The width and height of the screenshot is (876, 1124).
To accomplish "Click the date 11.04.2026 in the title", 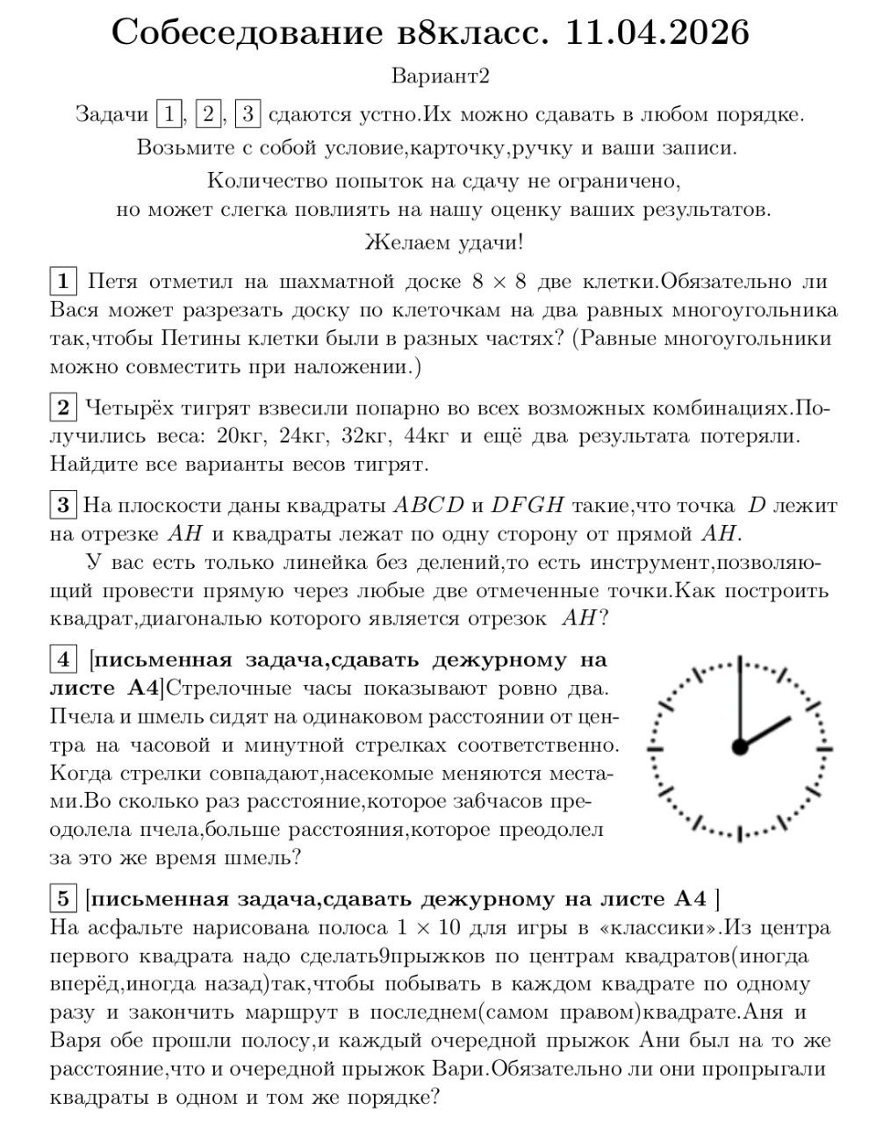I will point(657,33).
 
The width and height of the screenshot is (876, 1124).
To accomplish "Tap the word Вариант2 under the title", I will point(440,76).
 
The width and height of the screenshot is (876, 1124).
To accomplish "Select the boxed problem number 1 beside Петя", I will point(63,282).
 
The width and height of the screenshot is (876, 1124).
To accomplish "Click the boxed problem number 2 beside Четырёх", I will point(63,407).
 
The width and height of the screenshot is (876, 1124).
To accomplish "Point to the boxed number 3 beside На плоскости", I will point(63,505).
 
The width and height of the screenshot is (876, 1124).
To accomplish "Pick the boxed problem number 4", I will point(63,660).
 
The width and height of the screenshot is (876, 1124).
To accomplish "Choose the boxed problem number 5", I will point(63,898).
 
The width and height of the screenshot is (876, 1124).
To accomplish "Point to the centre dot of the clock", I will point(740,747).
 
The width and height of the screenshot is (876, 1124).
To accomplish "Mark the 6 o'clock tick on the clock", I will point(740,834).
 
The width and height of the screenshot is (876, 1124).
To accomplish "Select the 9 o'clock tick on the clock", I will point(655,748).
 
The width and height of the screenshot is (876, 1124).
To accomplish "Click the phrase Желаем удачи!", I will point(444,241).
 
